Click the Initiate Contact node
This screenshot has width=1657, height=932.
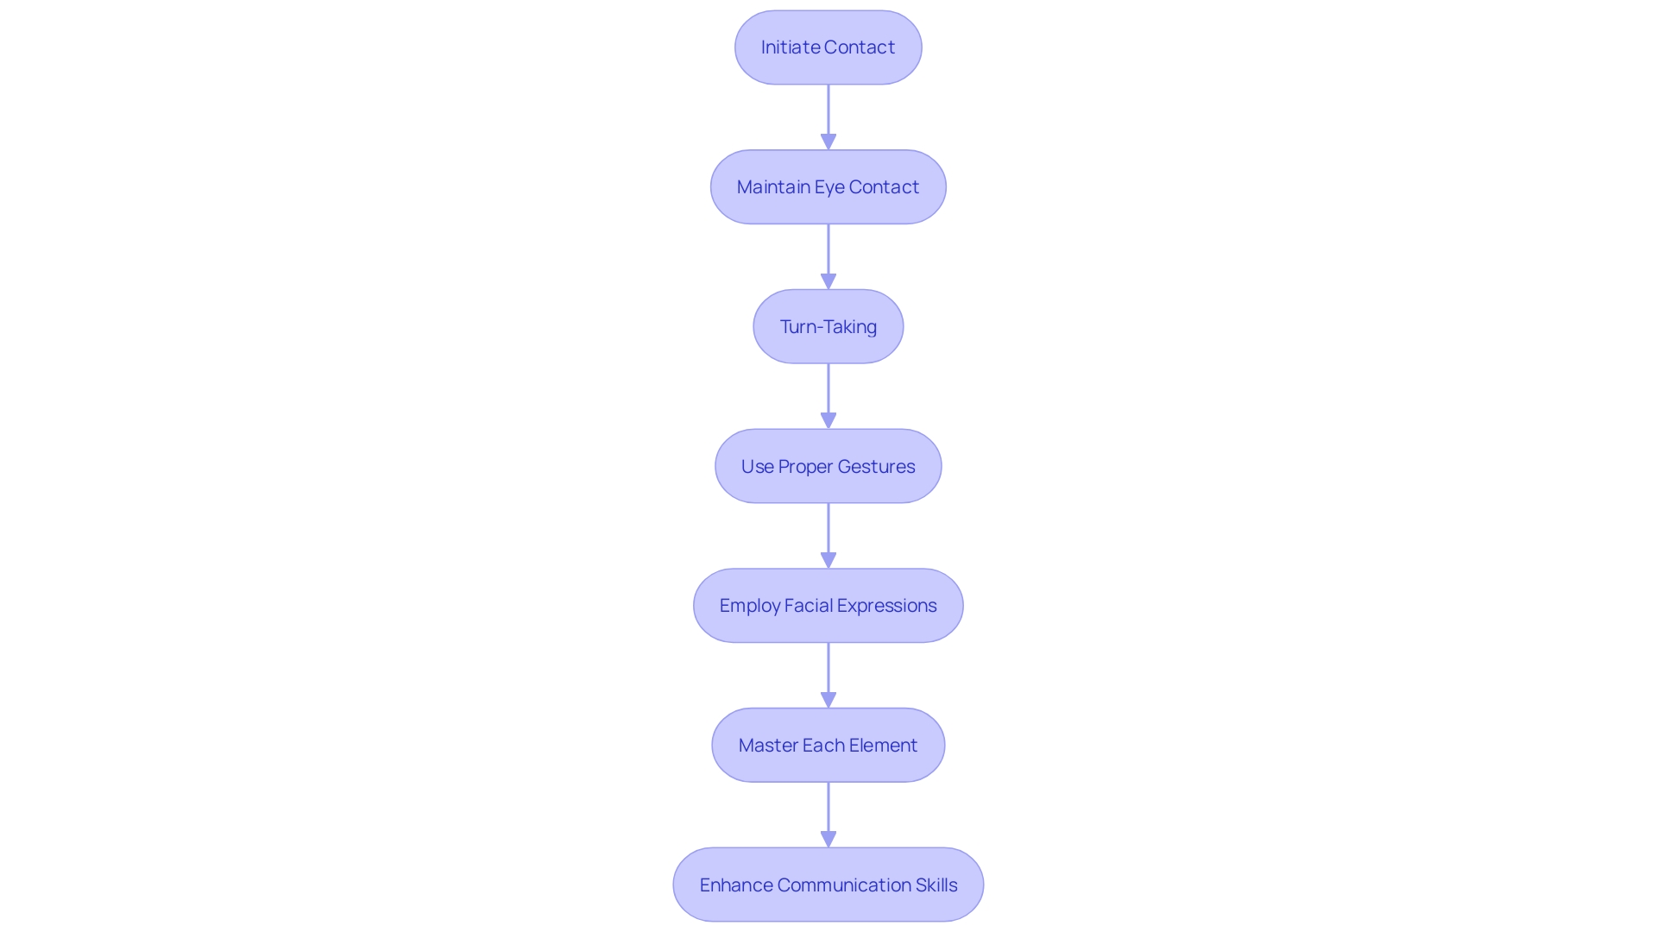[828, 47]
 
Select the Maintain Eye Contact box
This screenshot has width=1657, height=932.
[828, 187]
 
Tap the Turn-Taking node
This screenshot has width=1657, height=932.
[828, 327]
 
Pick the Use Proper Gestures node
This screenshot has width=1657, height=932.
[828, 467]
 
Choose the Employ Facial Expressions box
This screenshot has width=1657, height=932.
[828, 606]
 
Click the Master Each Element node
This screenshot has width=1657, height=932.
[828, 746]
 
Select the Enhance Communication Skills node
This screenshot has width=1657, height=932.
[828, 885]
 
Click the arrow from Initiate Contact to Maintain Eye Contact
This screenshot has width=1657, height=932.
[828, 116]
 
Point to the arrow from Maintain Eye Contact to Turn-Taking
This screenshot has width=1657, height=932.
[828, 256]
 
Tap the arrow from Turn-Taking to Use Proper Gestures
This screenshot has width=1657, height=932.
[828, 396]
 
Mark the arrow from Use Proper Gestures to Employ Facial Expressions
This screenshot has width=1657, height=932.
[828, 535]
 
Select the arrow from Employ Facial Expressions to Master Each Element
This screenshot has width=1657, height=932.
[828, 675]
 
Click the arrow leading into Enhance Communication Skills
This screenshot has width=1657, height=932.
[828, 815]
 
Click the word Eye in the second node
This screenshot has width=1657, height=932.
[829, 187]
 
